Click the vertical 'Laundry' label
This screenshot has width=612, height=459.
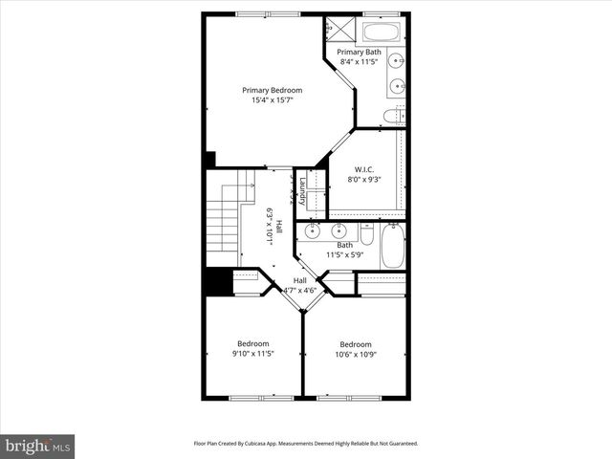pyautogui.click(x=302, y=191)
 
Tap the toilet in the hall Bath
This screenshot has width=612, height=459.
pyautogui.click(x=367, y=233)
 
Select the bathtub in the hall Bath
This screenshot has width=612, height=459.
pyautogui.click(x=392, y=247)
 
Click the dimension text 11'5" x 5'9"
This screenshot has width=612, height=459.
pyautogui.click(x=344, y=254)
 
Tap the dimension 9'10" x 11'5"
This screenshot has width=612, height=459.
pyautogui.click(x=253, y=353)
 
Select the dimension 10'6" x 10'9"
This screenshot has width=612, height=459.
pyautogui.click(x=356, y=355)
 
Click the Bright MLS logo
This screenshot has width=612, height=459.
pyautogui.click(x=38, y=446)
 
